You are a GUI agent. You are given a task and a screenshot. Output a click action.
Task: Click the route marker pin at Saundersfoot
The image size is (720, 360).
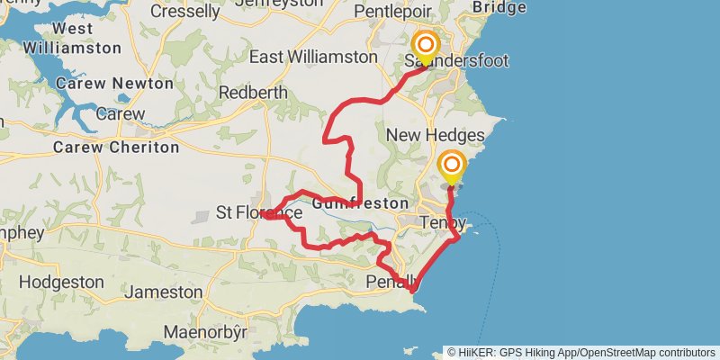[425, 47]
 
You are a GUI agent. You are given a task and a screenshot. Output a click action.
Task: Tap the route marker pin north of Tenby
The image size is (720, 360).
[451, 166]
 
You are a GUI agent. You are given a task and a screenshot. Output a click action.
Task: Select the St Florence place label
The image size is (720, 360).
[259, 213]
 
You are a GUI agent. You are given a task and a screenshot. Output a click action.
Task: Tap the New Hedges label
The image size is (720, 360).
[436, 135]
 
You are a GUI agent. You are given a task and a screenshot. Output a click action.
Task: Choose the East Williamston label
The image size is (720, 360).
[312, 57]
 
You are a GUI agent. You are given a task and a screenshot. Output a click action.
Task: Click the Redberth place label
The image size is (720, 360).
[253, 92]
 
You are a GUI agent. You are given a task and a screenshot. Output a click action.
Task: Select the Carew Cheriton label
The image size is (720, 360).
[116, 147]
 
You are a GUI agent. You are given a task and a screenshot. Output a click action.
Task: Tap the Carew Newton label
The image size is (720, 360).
[114, 83]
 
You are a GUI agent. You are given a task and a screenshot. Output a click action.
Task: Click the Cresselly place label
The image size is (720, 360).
[185, 12]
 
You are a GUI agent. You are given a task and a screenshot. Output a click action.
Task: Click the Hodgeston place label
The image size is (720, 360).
[61, 282]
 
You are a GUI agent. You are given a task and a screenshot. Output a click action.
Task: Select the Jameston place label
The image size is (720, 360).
[164, 292]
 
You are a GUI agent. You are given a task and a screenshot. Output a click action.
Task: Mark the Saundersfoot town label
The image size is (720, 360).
[456, 61]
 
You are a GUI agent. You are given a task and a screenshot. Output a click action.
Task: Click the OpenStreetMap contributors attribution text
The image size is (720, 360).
[646, 352]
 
